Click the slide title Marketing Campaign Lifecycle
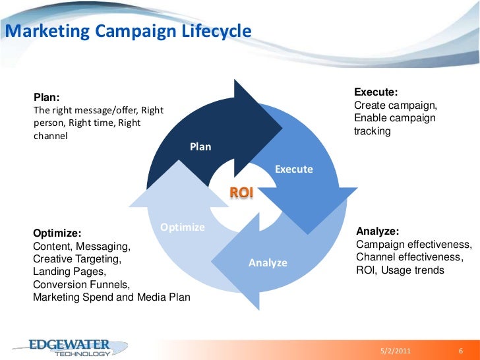point(128,31)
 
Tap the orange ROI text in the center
point(241,192)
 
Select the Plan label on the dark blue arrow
point(200,146)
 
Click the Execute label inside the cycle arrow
point(293,169)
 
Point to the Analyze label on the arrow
point(268,263)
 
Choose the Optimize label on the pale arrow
point(183,227)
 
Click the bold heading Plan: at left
point(47,98)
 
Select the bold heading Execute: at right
point(376,93)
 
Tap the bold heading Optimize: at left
point(57,233)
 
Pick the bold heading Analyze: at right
point(377,231)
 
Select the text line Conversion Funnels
point(81,284)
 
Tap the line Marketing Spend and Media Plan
point(111,297)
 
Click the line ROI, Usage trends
point(400,270)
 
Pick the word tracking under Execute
point(373,131)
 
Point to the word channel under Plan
point(50,136)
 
